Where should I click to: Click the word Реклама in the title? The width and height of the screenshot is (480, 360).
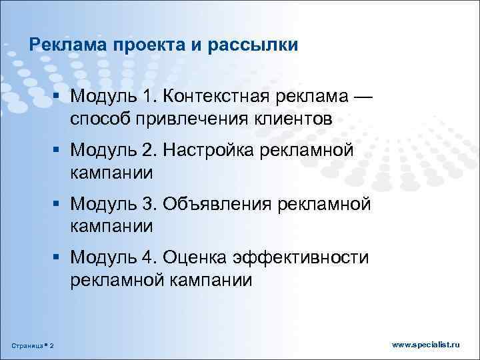59,45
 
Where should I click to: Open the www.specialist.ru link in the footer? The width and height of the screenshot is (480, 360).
426,344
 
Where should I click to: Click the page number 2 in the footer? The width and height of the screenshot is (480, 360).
53,345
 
